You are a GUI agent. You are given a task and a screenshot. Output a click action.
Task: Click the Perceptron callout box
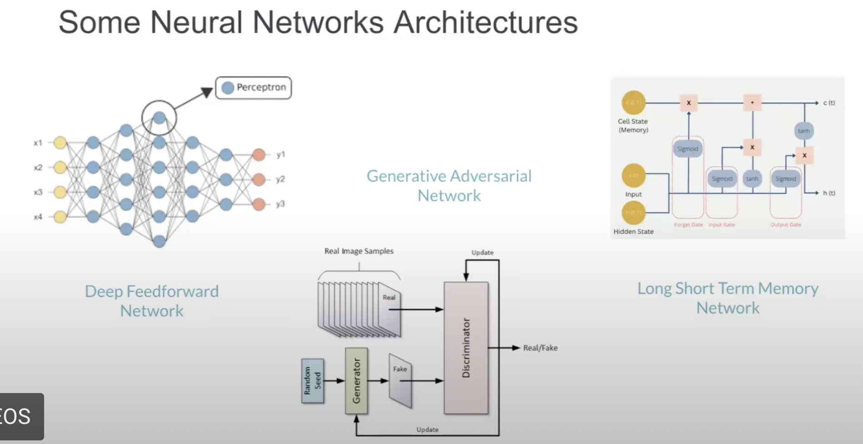pos(253,88)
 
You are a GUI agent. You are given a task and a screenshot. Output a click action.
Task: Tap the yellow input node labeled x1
pos(60,143)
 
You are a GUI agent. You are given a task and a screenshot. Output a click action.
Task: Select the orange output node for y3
pos(259,204)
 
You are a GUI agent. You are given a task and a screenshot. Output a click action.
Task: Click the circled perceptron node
pos(159,118)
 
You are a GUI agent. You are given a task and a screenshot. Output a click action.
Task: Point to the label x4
pos(38,217)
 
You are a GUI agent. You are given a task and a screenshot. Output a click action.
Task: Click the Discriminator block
pos(466,348)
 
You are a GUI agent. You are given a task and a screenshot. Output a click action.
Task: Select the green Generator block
pos(356,381)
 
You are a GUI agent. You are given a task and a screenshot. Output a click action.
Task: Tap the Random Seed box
pos(313,381)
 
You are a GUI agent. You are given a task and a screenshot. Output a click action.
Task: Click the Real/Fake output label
pos(540,348)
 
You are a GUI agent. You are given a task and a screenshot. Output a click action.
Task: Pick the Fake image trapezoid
pos(401,381)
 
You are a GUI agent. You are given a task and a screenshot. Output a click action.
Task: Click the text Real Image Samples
pos(359,251)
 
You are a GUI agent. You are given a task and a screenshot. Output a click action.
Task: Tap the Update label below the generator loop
pos(427,429)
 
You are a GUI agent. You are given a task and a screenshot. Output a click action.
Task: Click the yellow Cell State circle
pos(633,103)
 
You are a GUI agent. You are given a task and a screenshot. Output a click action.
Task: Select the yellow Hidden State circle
pos(633,213)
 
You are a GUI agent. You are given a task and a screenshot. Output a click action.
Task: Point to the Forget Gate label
pos(688,225)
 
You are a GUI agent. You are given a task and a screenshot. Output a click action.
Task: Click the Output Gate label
pos(786,225)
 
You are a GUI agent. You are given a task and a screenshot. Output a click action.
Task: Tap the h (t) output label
pos(828,193)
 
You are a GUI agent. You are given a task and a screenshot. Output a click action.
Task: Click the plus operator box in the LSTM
pos(752,103)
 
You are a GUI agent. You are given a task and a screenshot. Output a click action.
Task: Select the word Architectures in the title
pos(485,23)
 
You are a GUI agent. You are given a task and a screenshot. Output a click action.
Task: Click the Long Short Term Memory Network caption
pos(728,298)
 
